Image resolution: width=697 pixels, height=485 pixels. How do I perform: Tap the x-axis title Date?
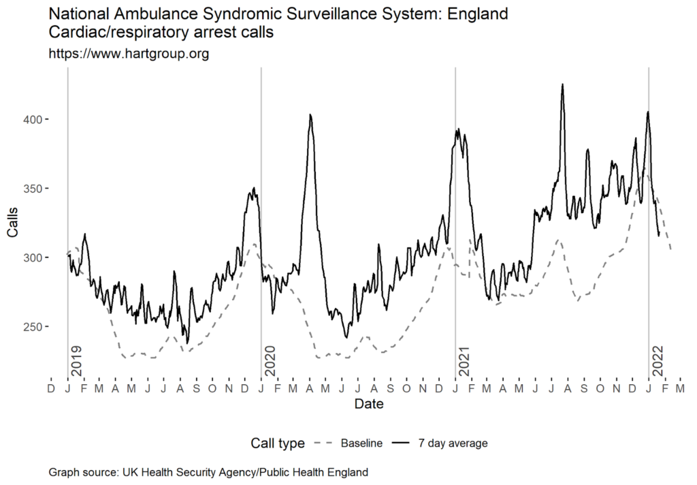click(x=368, y=405)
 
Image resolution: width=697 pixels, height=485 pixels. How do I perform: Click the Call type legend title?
click(x=276, y=443)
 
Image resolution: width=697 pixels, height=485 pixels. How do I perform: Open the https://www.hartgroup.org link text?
click(x=129, y=54)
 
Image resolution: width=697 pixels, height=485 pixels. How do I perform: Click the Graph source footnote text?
click(x=208, y=472)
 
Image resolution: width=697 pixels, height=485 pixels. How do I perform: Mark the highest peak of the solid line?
click(x=562, y=84)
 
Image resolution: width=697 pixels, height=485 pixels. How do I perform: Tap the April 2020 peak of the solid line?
click(x=310, y=115)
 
